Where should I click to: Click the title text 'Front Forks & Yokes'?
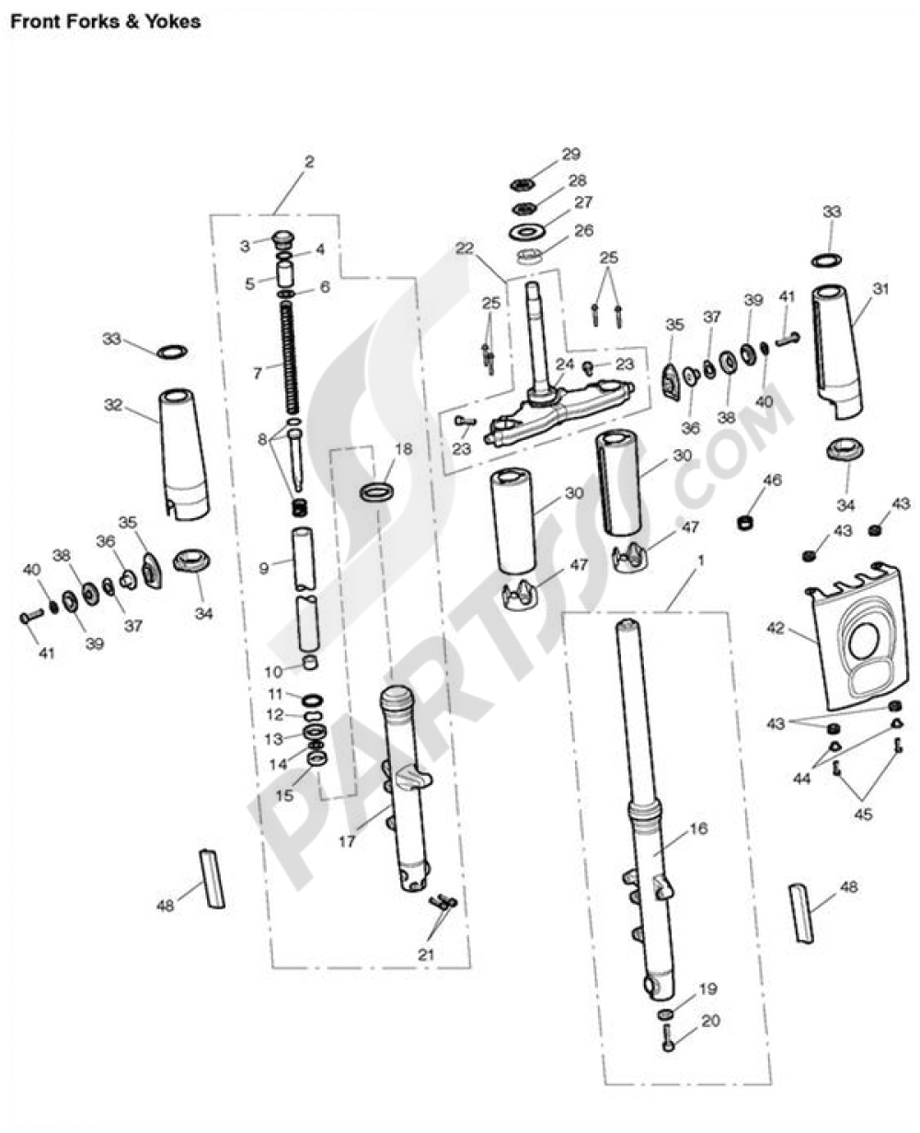(105, 20)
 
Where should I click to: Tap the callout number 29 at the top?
(571, 154)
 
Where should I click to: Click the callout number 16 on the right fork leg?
(698, 828)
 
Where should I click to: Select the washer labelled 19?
(666, 1014)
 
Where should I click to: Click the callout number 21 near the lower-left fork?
(425, 954)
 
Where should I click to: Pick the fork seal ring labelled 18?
(377, 491)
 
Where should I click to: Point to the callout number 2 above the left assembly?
(309, 162)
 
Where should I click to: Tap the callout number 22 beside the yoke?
(465, 248)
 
